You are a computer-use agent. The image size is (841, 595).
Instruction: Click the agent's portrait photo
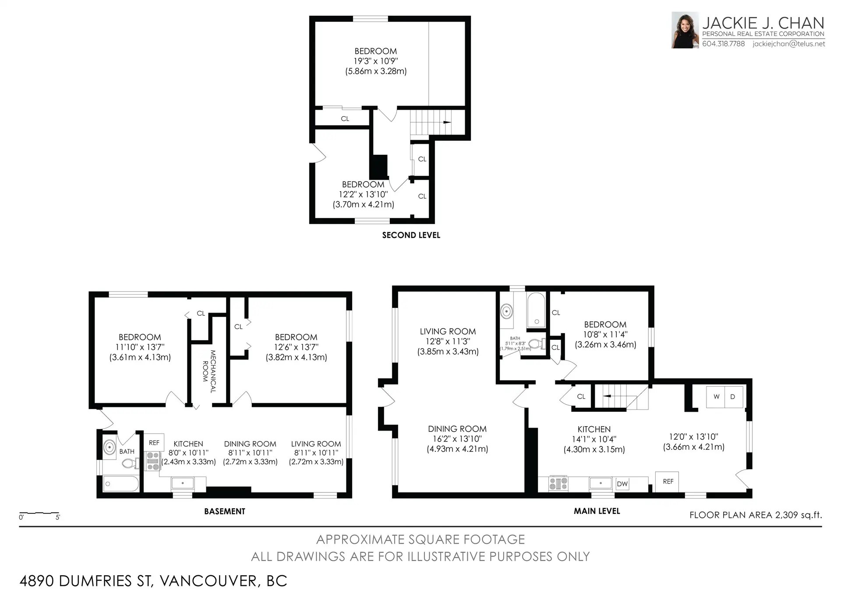(685, 30)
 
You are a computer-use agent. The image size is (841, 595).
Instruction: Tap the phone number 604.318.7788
(723, 44)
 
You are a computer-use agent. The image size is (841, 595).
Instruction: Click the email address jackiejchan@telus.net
(788, 44)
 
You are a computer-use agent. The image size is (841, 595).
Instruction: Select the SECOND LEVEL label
(411, 235)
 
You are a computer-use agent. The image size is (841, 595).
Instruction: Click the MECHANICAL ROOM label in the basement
(209, 371)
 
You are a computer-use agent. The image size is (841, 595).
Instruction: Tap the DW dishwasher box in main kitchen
(622, 484)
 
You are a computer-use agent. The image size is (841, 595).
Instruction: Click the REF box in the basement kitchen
(154, 443)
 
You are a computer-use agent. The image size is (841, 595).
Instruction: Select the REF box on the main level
(668, 481)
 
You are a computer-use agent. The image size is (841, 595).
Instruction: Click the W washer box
(716, 397)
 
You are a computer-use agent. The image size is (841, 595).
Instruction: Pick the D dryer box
(733, 397)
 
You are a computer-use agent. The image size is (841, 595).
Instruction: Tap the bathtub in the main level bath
(536, 310)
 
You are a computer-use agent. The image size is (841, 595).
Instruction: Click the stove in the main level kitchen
(558, 484)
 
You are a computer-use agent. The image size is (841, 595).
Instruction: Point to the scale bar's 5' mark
(58, 517)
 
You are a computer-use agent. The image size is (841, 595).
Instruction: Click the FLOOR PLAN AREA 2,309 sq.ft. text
(756, 515)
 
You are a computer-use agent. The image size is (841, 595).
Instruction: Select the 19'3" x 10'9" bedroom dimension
(376, 61)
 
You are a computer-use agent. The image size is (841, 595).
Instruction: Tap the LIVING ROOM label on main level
(448, 331)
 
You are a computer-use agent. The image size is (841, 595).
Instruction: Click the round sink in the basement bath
(110, 448)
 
